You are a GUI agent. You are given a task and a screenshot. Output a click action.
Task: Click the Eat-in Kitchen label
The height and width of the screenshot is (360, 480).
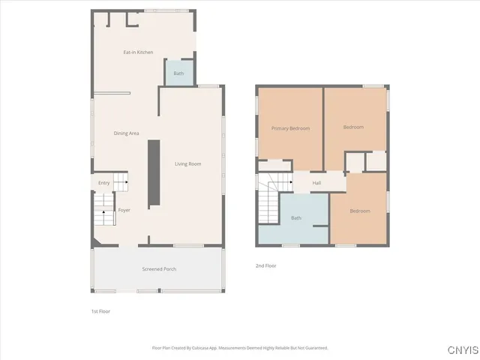pos(138,52)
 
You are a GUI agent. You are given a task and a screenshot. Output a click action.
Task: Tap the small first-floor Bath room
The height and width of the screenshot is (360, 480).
pos(178,73)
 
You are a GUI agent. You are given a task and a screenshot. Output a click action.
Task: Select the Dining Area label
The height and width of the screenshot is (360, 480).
pos(126,133)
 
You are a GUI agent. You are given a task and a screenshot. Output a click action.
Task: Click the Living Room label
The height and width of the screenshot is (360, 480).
pos(187,163)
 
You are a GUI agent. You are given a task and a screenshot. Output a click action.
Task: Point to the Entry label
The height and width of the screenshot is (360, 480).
pos(103,183)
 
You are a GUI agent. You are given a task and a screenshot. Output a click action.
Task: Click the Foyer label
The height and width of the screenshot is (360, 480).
pos(124,210)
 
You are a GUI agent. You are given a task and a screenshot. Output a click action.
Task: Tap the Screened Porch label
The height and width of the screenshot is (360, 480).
pos(159,268)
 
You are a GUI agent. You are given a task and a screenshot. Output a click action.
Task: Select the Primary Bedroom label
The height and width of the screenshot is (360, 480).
pos(290,128)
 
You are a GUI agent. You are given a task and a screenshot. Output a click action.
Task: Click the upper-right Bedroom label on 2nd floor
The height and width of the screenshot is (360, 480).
pos(353,127)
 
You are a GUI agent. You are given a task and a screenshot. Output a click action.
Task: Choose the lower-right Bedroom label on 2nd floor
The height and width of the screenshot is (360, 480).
pos(359,211)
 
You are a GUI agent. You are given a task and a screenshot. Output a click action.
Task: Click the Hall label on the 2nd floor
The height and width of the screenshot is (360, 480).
pos(316,183)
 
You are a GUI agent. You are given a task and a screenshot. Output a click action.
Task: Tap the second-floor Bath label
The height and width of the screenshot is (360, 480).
pos(295,218)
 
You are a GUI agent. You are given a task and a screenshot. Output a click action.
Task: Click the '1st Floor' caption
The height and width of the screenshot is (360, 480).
pos(100,310)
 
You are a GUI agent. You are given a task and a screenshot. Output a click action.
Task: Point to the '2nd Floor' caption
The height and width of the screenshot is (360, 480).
pos(266,265)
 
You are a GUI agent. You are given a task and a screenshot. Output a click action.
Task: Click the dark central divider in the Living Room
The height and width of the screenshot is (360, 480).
pos(154,172)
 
